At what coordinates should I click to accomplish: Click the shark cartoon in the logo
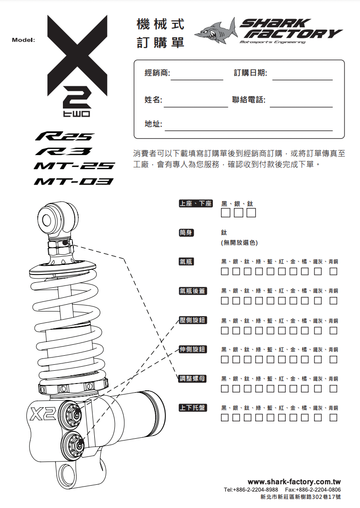216,31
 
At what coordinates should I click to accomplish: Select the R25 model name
64,136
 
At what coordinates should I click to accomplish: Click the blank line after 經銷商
197,80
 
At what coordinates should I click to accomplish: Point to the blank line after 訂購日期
303,80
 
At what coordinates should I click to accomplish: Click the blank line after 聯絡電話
301,107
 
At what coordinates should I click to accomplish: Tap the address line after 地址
249,130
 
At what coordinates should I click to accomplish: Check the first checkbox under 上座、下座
225,213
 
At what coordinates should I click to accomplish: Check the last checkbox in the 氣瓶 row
334,271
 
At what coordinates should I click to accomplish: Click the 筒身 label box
186,233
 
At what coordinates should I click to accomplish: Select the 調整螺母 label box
193,378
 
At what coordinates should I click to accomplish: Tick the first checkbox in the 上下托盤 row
225,418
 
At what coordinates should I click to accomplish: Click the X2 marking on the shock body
43,414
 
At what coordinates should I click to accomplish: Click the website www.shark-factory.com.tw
294,482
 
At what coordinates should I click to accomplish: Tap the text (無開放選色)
239,243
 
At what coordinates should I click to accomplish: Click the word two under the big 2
77,114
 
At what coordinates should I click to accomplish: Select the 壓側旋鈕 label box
193,320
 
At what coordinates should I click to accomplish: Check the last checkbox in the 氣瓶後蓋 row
334,301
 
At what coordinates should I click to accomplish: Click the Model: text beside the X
23,40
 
